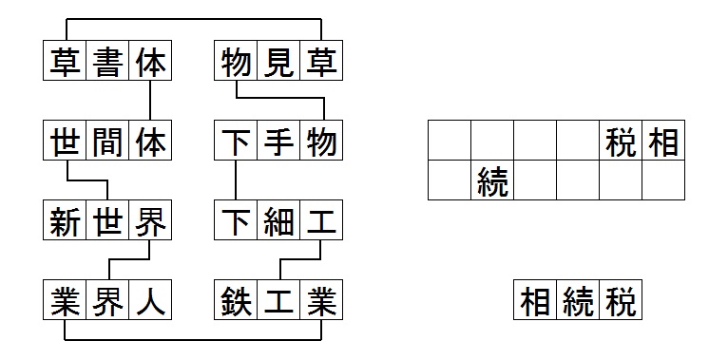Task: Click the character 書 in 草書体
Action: click(x=107, y=61)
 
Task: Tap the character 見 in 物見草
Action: click(x=278, y=61)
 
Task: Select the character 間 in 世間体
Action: click(x=107, y=141)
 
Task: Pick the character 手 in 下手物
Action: click(x=278, y=141)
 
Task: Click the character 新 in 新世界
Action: click(x=65, y=220)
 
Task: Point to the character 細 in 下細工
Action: click(x=278, y=220)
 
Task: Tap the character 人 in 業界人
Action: click(x=150, y=300)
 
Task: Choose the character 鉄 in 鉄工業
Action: click(x=236, y=300)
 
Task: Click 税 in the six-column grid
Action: click(x=621, y=141)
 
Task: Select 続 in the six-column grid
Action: click(x=492, y=180)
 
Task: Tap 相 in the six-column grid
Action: click(x=663, y=141)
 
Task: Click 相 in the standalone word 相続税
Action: click(x=535, y=300)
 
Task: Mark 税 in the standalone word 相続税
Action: click(x=621, y=300)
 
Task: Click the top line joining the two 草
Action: click(x=194, y=19)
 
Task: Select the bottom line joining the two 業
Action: click(x=193, y=340)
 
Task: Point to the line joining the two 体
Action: click(x=150, y=100)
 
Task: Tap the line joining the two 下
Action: click(x=236, y=180)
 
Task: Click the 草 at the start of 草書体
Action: click(x=65, y=61)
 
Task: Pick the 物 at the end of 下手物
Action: click(x=321, y=141)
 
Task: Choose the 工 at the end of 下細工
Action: click(x=321, y=220)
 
